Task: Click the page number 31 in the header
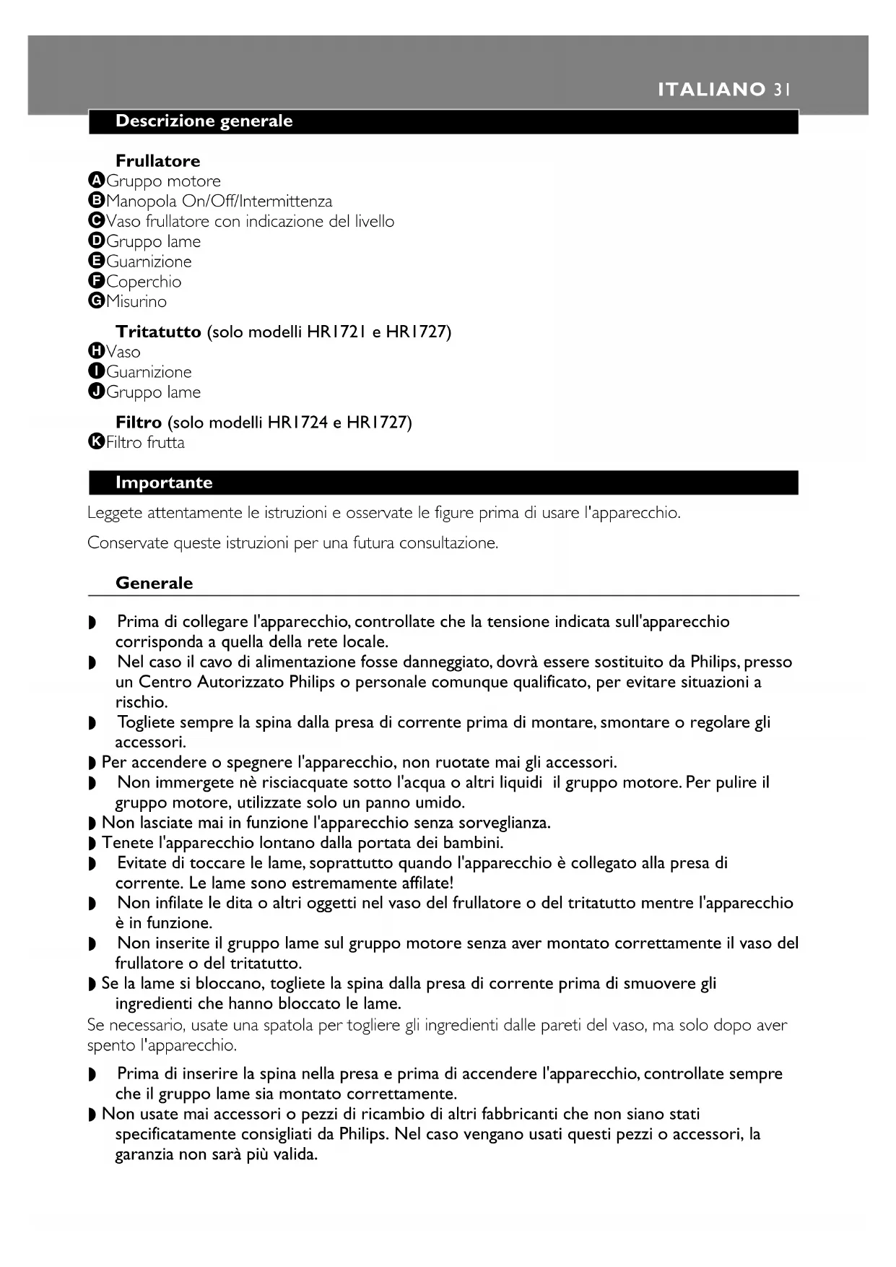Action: (x=782, y=90)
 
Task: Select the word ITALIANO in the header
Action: (x=711, y=90)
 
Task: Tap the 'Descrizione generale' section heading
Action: (x=204, y=121)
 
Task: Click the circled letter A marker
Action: (x=96, y=181)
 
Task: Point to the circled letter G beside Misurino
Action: (x=96, y=301)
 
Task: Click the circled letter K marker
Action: (x=96, y=442)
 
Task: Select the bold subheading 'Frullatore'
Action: (x=157, y=161)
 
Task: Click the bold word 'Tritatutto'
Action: (x=158, y=332)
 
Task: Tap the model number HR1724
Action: (x=297, y=423)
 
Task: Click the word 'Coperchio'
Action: (x=144, y=282)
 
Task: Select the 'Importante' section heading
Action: (x=164, y=483)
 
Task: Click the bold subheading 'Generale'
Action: (x=154, y=584)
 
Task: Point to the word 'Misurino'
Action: (x=136, y=302)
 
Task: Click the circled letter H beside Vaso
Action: (x=96, y=352)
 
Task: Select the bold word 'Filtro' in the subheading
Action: (x=139, y=423)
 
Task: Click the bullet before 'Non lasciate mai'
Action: (x=92, y=823)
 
